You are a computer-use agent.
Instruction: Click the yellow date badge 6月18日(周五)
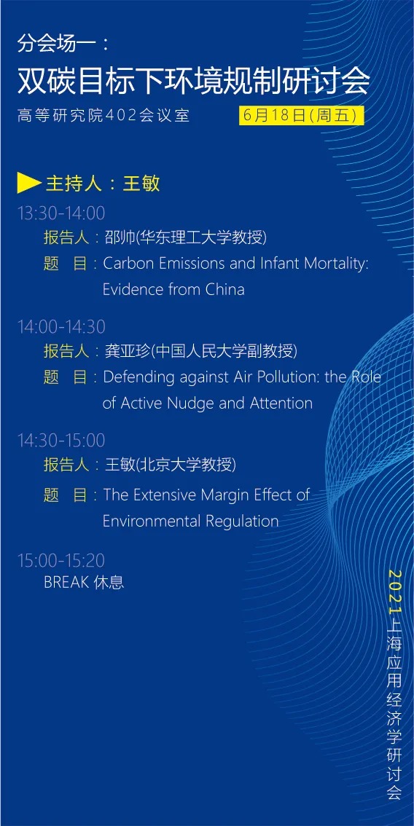(302, 115)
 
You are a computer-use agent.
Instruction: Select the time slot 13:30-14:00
(62, 213)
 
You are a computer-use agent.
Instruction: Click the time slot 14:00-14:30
(62, 326)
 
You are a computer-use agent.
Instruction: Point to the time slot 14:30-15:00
(62, 441)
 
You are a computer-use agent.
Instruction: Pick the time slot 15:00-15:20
(62, 560)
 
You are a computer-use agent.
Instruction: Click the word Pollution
(273, 377)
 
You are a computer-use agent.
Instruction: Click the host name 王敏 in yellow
(141, 184)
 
